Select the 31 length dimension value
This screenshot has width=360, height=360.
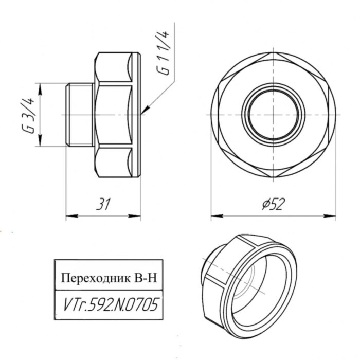104,205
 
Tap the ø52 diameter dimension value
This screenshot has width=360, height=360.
273,204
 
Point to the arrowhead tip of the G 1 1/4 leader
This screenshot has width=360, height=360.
143,112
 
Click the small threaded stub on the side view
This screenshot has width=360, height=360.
79,113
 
